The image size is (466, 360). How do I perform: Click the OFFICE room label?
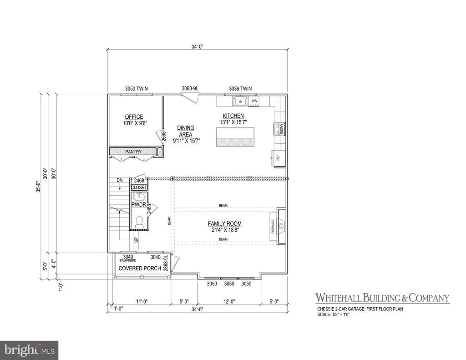point(134,117)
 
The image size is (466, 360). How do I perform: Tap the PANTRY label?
point(134,152)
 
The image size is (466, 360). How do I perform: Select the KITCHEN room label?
point(233,116)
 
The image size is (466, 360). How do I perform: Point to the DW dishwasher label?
point(254,101)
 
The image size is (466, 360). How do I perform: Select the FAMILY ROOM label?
point(225,223)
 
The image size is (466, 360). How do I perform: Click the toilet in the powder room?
point(140,222)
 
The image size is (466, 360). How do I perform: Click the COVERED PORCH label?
point(140,268)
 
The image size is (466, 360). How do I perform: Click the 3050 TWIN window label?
point(136,88)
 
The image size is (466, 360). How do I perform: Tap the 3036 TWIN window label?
point(240,88)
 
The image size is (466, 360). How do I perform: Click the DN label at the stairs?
point(120,180)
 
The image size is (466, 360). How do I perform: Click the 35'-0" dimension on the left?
point(39,187)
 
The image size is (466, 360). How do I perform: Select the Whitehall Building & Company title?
point(383,298)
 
